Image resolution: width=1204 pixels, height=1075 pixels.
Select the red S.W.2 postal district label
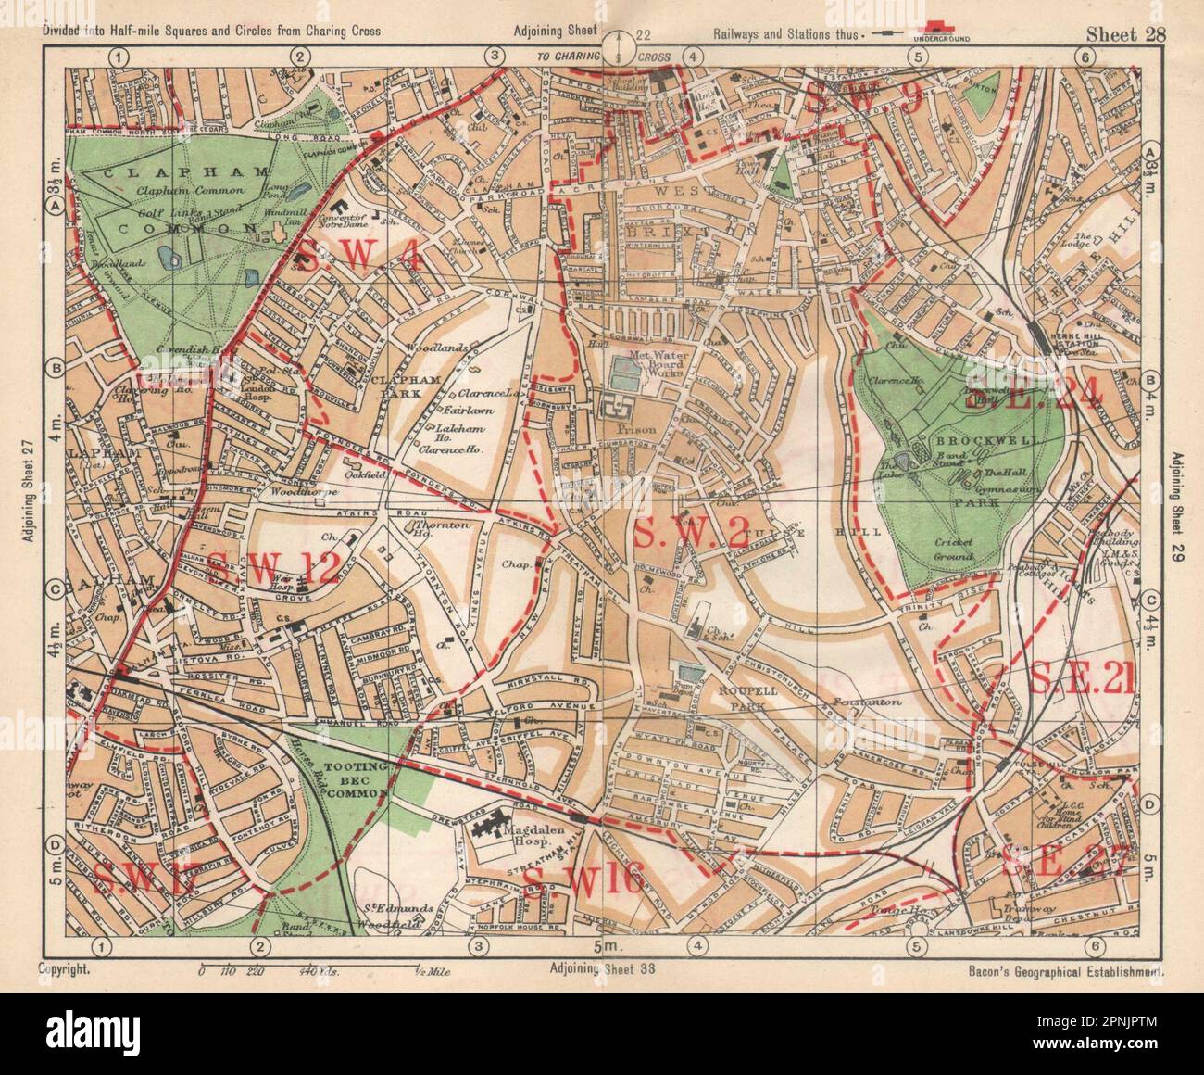[677, 531]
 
